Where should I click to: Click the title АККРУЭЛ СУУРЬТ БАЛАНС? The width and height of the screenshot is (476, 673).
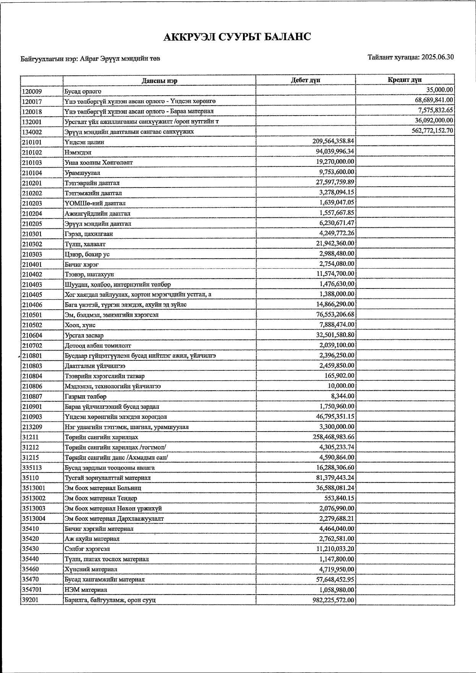click(237, 37)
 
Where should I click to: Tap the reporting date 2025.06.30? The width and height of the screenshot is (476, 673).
click(438, 57)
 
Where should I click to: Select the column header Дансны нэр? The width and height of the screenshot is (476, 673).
click(159, 81)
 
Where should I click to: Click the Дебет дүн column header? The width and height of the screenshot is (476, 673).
click(305, 80)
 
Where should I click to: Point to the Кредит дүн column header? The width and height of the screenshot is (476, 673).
click(405, 80)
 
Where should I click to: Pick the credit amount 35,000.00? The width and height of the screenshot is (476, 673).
click(440, 90)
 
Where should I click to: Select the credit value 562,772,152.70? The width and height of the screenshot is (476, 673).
click(430, 130)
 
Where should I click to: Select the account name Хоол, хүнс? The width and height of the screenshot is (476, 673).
click(80, 325)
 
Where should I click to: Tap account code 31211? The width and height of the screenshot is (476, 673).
click(30, 437)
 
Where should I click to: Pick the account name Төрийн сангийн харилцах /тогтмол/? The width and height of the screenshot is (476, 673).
click(115, 447)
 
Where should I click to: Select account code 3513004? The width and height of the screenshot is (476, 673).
click(34, 518)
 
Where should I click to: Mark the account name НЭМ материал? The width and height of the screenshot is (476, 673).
click(86, 590)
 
